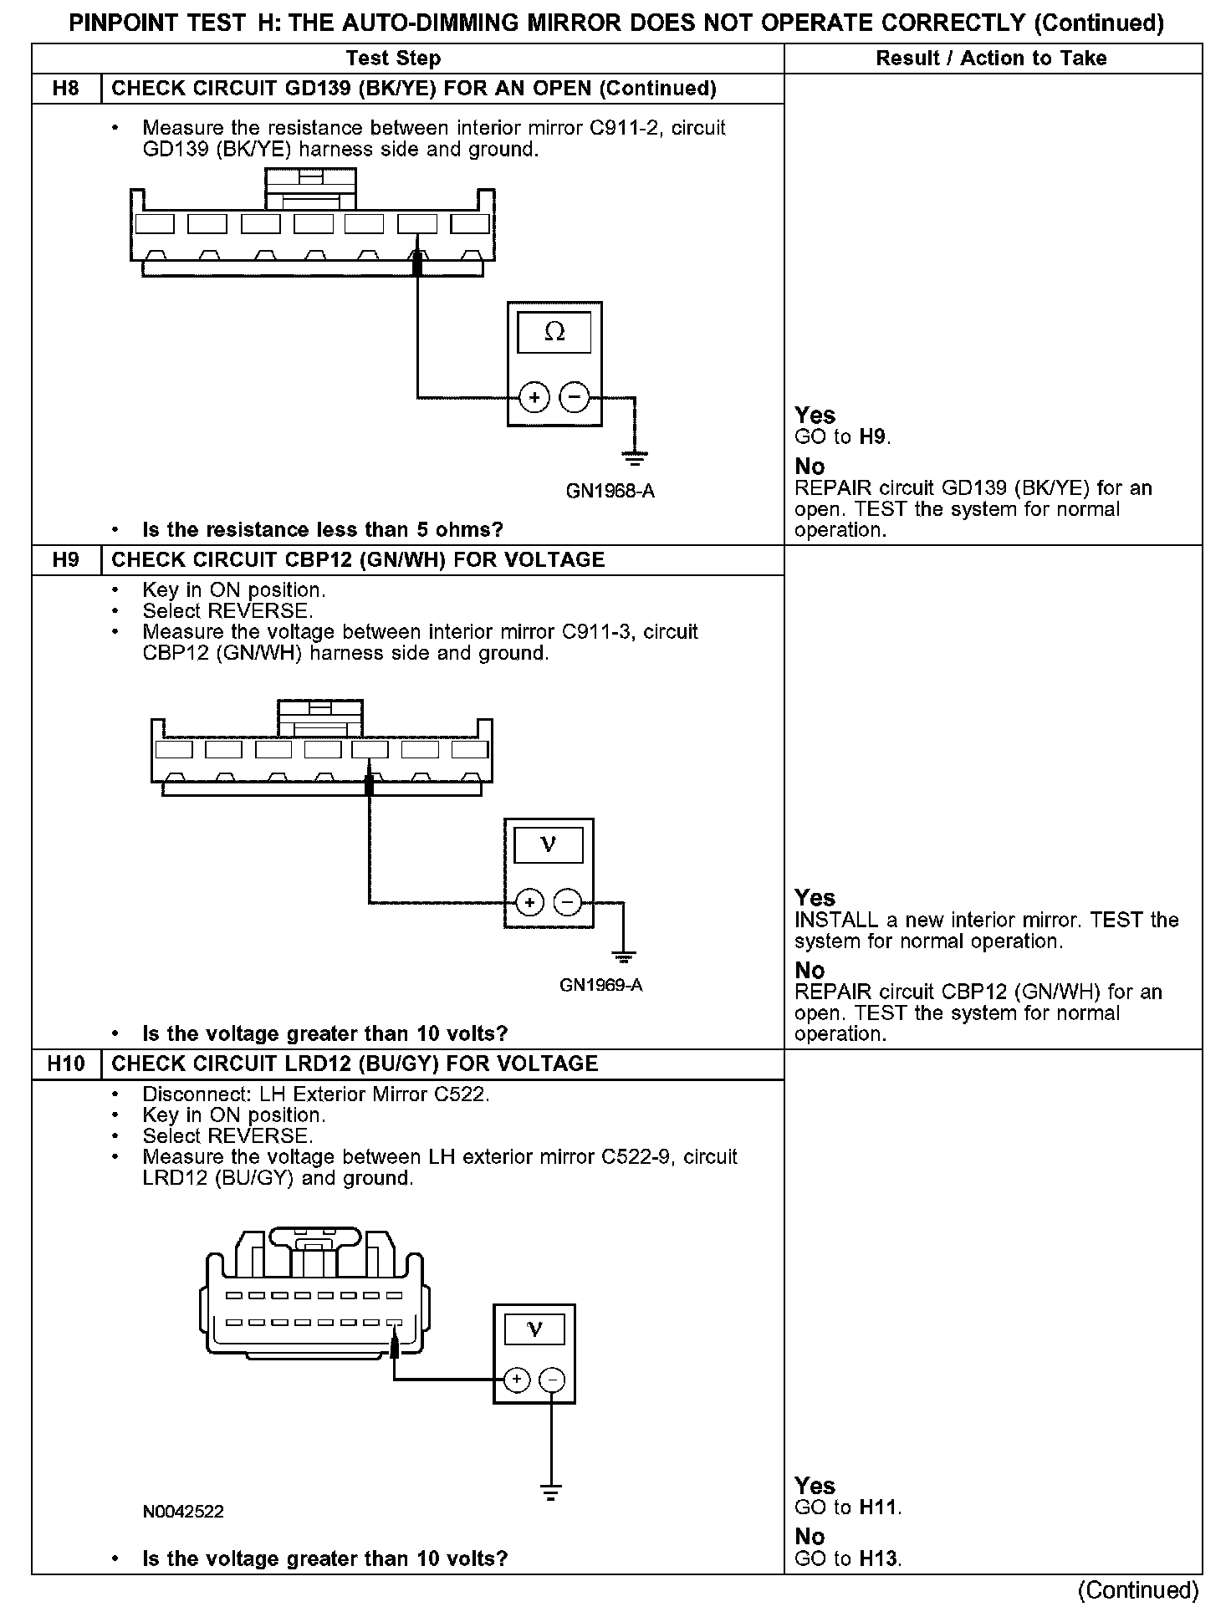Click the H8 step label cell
pyautogui.click(x=66, y=89)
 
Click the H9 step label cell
pyautogui.click(x=66, y=559)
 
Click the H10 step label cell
pyautogui.click(x=66, y=1064)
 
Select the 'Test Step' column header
pyautogui.click(x=393, y=58)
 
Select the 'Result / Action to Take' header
pyautogui.click(x=991, y=58)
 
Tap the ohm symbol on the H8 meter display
pyautogui.click(x=554, y=332)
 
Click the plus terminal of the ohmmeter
pyautogui.click(x=534, y=397)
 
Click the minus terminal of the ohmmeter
pyautogui.click(x=574, y=397)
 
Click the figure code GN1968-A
pyautogui.click(x=610, y=491)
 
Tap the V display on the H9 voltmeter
pyautogui.click(x=549, y=844)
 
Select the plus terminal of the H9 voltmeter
pyautogui.click(x=529, y=903)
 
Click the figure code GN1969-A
pyautogui.click(x=600, y=985)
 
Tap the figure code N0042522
pyautogui.click(x=182, y=1512)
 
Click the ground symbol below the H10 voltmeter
pyautogui.click(x=551, y=1492)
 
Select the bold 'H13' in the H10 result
pyautogui.click(x=880, y=1558)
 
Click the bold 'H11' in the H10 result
pyautogui.click(x=878, y=1507)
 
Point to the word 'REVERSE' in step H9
pyautogui.click(x=259, y=611)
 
